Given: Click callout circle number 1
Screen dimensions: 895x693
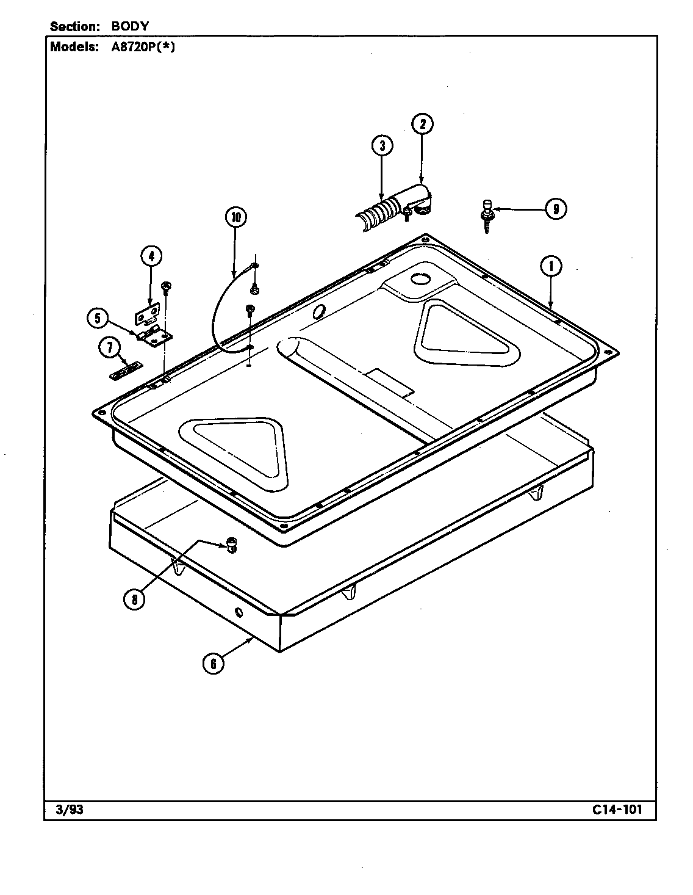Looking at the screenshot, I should click(551, 266).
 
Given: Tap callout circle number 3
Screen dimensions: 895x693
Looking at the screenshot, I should click(382, 146).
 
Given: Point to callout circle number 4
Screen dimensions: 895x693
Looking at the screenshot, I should click(151, 256).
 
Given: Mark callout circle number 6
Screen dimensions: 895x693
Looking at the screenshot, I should click(213, 663).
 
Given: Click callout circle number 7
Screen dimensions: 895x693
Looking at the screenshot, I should click(109, 348).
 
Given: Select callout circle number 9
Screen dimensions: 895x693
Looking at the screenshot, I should click(555, 209).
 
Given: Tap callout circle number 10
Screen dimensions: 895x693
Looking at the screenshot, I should click(235, 217).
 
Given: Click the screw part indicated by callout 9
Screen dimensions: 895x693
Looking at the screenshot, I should click(487, 215).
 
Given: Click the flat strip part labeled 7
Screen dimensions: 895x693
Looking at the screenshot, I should click(126, 371).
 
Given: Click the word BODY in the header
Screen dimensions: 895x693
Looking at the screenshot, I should click(130, 26).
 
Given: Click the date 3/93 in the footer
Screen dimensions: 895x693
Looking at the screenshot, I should click(68, 810).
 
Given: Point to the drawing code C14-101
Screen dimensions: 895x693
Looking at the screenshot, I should click(616, 810).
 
